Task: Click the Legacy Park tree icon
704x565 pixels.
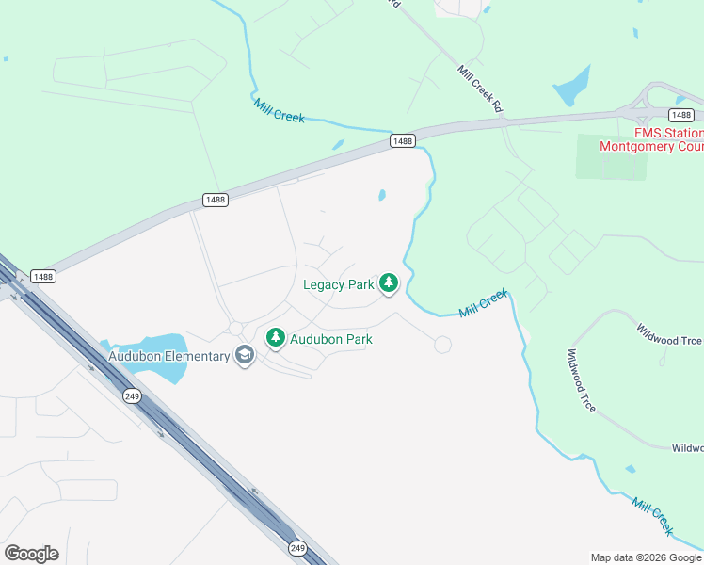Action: coord(388,283)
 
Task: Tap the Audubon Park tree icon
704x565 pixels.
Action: coord(276,337)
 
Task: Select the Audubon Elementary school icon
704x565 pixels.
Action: coord(245,356)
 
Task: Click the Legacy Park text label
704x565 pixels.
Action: coord(339,284)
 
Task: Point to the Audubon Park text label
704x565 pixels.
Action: coord(330,339)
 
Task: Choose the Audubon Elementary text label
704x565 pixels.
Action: coord(169,356)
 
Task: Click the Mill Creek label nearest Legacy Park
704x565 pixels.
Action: coord(484,304)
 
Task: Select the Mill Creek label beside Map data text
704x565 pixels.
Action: coord(653,517)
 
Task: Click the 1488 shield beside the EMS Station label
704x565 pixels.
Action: coord(681,115)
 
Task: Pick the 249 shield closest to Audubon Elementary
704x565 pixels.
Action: coord(131,396)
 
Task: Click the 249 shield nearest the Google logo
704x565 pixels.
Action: coord(298,547)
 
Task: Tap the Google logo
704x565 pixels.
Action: coord(31,554)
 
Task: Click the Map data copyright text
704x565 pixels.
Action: coord(647,557)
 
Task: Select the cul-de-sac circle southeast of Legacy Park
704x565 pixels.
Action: coord(442,346)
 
